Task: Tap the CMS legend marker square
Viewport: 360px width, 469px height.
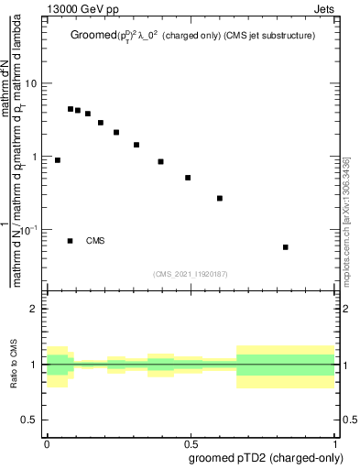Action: point(71,241)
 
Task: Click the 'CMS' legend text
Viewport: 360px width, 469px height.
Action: point(95,241)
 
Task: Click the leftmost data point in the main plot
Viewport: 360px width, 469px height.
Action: point(58,160)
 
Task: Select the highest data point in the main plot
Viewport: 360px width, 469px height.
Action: point(71,109)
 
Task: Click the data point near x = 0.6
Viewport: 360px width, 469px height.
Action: point(220,198)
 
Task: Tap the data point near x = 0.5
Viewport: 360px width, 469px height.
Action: point(188,178)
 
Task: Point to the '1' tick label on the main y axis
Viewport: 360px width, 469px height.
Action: point(35,157)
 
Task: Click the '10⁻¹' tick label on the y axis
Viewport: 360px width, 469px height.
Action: point(29,230)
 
